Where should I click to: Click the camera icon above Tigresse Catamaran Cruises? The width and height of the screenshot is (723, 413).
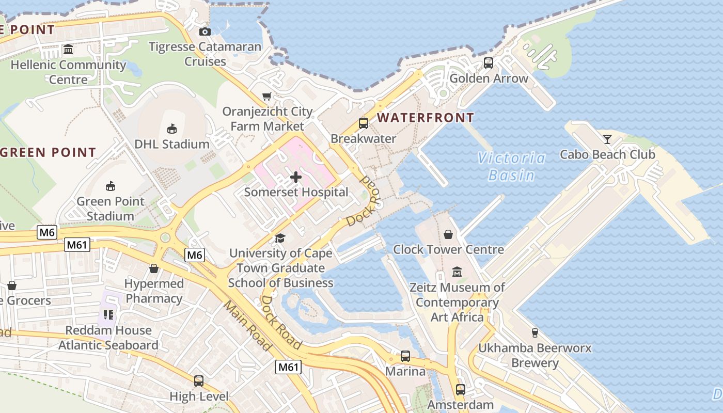coord(205,31)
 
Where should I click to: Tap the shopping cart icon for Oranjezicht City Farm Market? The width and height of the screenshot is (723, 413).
coord(267,96)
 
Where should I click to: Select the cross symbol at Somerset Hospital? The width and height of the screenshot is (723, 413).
coord(296,178)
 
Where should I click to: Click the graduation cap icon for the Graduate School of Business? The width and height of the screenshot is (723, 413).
coord(280,238)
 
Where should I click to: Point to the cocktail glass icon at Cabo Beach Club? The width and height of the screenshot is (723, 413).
coord(607,139)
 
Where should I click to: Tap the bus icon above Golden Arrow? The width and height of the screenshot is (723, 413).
coord(488,63)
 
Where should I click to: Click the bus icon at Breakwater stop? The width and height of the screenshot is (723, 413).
coord(363,123)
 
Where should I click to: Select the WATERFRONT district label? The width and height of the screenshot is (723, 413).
coord(426,118)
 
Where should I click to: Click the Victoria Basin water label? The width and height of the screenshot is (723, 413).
coord(511,166)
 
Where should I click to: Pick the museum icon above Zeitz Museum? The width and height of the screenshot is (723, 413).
coord(457,272)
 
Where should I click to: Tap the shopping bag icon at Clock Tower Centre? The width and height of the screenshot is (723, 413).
coord(448,234)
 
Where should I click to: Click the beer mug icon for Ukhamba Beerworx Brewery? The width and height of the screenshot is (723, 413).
coord(535,333)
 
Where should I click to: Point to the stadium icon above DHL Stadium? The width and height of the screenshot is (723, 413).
coord(172,129)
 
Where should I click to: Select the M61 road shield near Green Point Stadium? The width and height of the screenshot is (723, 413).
coord(77,245)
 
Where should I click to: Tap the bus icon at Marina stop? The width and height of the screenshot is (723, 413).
coord(405,356)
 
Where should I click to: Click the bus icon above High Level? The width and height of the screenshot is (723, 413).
coord(199,381)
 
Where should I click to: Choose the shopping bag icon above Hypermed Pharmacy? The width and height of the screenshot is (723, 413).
coord(154,268)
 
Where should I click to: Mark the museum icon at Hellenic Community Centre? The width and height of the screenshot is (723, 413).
coord(68,50)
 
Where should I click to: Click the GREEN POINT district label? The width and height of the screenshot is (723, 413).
coord(48,152)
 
